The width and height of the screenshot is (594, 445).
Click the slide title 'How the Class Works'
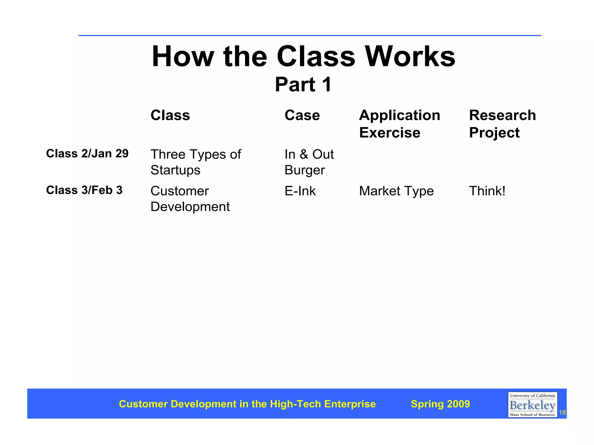(x=303, y=57)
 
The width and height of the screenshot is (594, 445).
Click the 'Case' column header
(x=302, y=115)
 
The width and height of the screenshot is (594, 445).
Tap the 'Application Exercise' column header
(x=399, y=124)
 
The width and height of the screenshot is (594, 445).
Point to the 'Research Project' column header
(x=502, y=124)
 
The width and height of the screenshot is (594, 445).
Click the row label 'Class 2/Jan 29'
(x=87, y=153)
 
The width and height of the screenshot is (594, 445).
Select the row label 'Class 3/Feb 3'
(x=84, y=190)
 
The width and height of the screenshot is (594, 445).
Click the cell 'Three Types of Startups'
(x=195, y=162)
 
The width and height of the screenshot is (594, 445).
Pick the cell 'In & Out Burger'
(x=309, y=162)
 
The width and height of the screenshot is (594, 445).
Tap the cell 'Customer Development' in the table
(x=190, y=199)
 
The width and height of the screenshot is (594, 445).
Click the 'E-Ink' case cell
(x=300, y=191)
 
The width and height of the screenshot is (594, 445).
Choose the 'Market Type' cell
(x=396, y=191)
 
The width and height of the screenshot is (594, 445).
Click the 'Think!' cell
(x=487, y=191)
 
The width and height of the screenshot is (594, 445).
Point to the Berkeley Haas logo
(x=532, y=405)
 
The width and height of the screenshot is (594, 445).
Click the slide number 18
(x=562, y=413)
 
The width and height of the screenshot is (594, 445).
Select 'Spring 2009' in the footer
(x=440, y=404)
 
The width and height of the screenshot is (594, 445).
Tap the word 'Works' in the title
(x=410, y=57)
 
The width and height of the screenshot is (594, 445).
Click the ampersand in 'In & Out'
(x=304, y=154)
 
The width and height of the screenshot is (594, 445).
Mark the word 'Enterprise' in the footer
(x=350, y=404)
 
